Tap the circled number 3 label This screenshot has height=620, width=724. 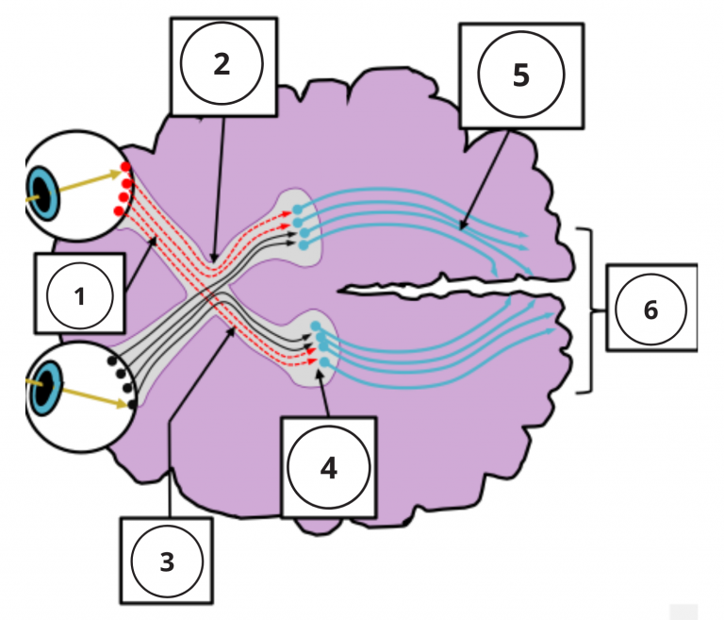point(167,562)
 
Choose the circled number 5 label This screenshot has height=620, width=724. point(520,75)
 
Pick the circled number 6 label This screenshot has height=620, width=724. point(650,309)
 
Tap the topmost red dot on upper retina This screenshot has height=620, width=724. point(125,167)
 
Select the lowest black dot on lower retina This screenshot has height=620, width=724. point(132,404)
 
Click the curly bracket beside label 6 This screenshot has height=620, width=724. point(590,310)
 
